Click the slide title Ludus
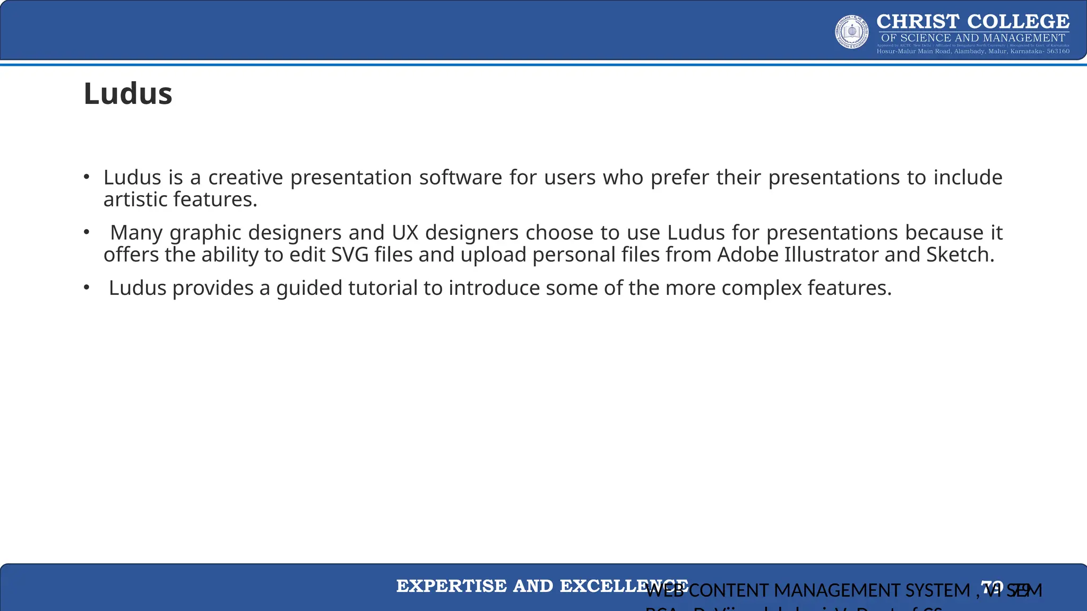[128, 94]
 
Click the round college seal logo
[852, 32]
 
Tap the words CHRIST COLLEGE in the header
[973, 22]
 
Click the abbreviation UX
[405, 233]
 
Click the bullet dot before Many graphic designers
[87, 232]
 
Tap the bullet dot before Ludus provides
[87, 287]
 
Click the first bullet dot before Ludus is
[87, 177]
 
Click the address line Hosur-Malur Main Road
[973, 51]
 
